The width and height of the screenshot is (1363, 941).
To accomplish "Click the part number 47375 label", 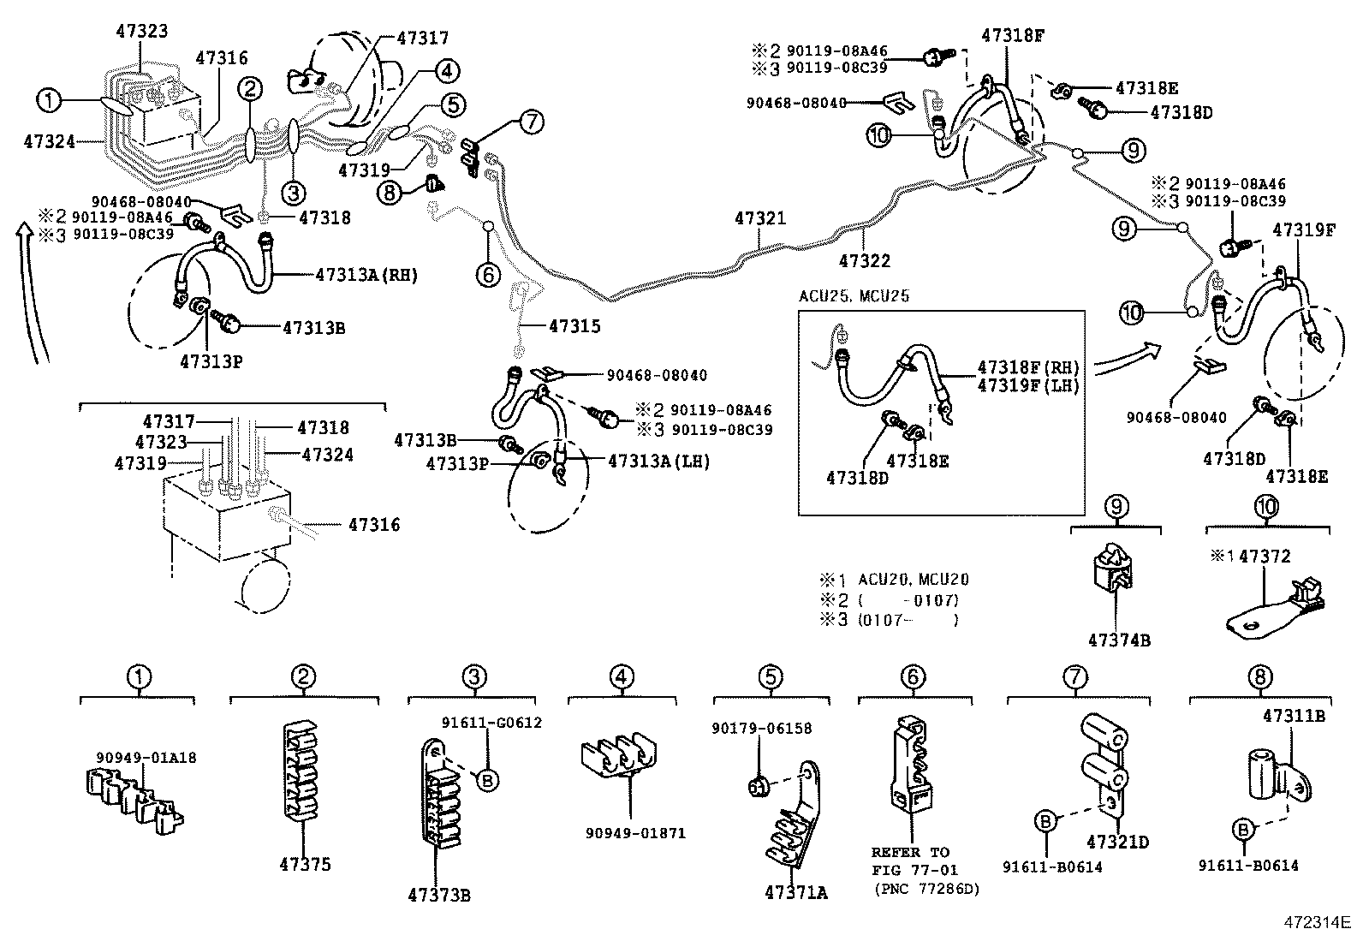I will point(304,865).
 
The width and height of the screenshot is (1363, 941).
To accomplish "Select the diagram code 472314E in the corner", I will point(1316,923).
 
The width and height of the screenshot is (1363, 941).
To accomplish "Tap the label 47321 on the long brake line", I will point(759,219).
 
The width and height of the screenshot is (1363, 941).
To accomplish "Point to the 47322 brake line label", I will point(865,261).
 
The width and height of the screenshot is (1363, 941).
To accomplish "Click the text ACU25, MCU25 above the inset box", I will point(854,296).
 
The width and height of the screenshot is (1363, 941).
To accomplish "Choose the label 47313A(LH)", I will point(658,461).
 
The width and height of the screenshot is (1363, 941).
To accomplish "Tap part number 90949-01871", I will point(635,833).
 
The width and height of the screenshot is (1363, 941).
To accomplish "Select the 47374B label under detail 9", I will point(1119,640).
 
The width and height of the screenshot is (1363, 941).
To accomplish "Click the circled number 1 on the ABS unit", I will point(50,101).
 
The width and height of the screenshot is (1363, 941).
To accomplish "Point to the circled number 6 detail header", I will point(913,677).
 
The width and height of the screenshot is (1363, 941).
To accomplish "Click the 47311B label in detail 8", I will point(1294,715).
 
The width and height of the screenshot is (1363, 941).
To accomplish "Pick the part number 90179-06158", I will point(761,729).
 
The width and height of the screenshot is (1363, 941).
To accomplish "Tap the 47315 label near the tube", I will point(574,326).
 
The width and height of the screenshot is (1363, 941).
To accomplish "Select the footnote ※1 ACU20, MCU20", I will point(895,580).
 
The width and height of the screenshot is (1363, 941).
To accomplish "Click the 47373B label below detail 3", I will point(439,896).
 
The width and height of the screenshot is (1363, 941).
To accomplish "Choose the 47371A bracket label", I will point(796,892).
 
